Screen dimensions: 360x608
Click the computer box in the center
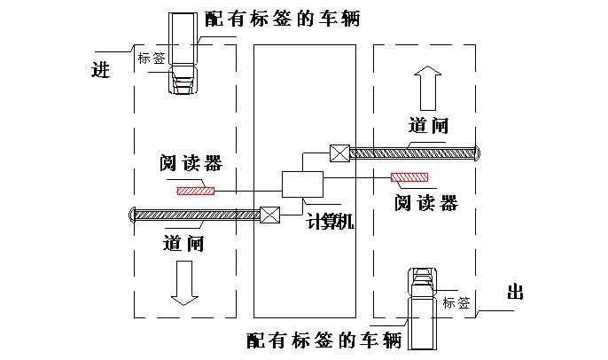tap(302, 185)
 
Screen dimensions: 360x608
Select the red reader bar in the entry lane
tap(195, 190)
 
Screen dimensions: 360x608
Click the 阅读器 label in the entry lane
tap(191, 163)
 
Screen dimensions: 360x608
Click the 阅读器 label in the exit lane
tap(426, 203)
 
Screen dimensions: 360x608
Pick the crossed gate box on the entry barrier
tap(270, 214)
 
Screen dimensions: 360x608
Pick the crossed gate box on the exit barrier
tap(339, 153)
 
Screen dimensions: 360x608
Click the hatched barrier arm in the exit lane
tap(412, 153)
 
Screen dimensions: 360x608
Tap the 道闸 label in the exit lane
tap(429, 125)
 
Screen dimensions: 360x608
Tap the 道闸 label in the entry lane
tap(184, 242)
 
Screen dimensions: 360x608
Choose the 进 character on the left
tap(100, 70)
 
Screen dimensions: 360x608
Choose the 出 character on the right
tap(515, 292)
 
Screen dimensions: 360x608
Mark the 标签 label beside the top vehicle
tap(152, 59)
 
